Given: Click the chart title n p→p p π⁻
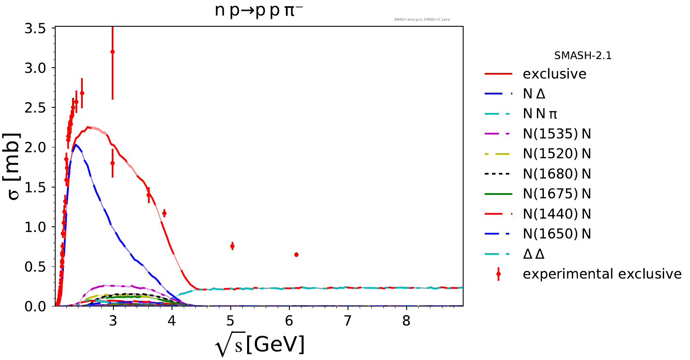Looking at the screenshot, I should pos(259,10).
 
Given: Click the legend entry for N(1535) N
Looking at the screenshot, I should pos(557,134).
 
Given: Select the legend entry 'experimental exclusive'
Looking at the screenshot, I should pos(602,274).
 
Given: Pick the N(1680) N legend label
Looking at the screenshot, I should pos(557,174).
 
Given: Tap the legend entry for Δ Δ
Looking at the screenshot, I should pos(533,254).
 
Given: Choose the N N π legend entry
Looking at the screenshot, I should pos(540,114).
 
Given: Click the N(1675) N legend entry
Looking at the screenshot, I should pos(557,194).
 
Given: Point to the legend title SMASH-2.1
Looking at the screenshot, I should pos(583,56).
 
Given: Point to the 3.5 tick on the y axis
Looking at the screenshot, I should pos(35,28).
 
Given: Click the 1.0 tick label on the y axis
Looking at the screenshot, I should pos(35,227).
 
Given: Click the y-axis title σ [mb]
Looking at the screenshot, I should pos(14,166).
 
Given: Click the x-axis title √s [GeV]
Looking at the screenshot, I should pos(260,345).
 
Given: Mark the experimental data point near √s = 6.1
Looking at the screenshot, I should pos(296,255).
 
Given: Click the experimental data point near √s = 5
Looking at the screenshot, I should pos(232,246).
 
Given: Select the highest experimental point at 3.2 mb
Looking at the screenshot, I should pos(113,52).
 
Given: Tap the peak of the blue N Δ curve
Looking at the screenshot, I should pos(76,145).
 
